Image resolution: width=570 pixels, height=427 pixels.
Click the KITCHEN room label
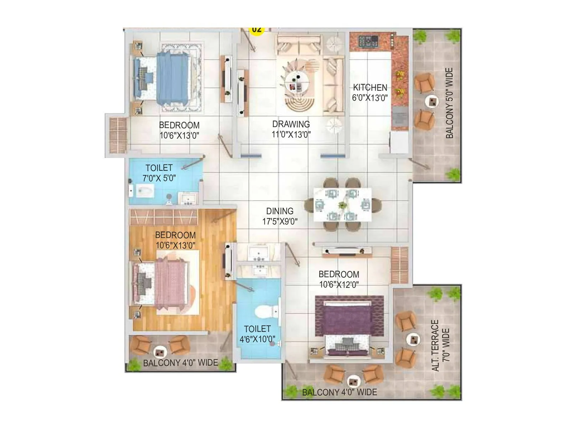click(370, 88)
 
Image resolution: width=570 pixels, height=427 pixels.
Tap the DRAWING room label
click(291, 124)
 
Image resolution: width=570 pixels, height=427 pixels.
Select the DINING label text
click(280, 211)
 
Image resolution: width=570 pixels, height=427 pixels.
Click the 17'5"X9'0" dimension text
click(280, 221)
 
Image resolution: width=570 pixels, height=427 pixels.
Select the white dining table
click(342, 205)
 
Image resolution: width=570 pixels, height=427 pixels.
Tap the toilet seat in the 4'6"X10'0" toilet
click(264, 311)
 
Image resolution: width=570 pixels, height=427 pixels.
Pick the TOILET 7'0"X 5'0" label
click(159, 173)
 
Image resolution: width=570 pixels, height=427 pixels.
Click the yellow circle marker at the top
click(256, 30)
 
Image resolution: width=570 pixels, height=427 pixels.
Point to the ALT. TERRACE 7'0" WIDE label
click(441, 345)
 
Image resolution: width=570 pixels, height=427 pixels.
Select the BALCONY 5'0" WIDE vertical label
click(450, 103)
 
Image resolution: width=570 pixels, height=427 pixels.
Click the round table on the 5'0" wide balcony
click(432, 102)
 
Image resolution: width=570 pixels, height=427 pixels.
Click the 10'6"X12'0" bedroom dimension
click(339, 285)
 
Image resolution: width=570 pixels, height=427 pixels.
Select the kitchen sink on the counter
click(400, 115)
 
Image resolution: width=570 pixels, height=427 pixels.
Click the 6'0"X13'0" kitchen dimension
click(370, 98)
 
